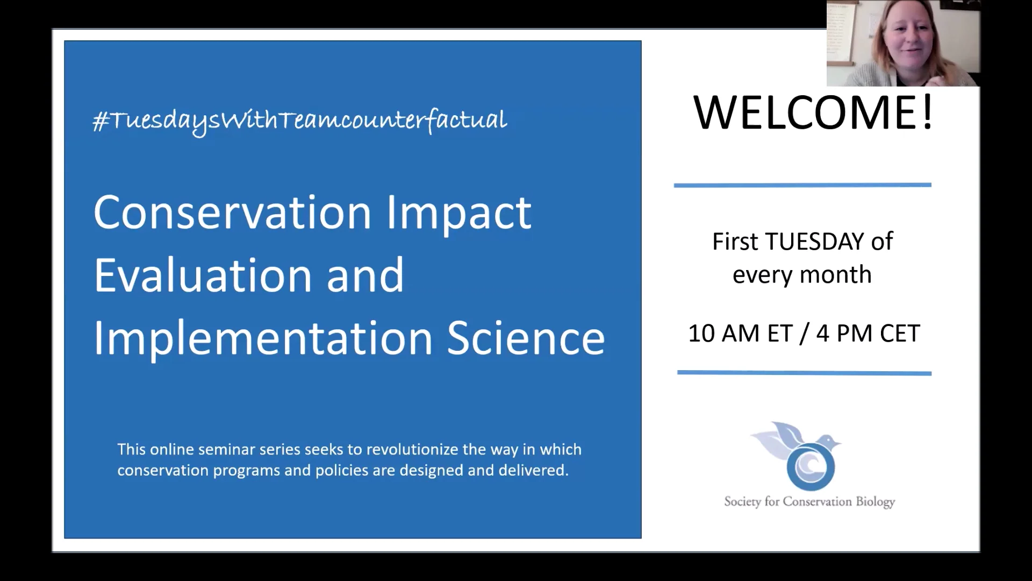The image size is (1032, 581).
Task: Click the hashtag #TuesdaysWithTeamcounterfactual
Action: coord(299,121)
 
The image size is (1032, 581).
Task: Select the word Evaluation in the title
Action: coord(202,275)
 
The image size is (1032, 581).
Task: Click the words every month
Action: coord(802,275)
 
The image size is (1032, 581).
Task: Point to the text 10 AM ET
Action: coord(740,334)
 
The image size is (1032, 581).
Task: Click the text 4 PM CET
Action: coord(868,334)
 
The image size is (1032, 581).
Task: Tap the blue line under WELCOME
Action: coord(802,185)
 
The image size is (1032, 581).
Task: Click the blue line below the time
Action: coord(804,372)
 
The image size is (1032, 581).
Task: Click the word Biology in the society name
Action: coord(875,502)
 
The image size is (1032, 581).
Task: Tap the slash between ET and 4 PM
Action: coord(804,334)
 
